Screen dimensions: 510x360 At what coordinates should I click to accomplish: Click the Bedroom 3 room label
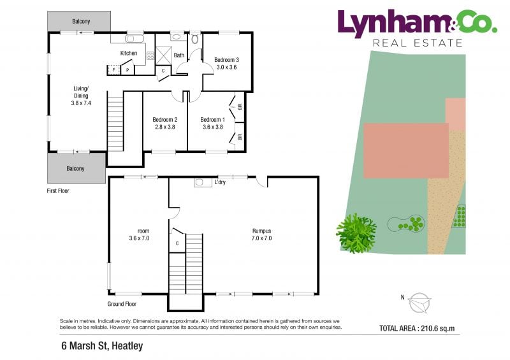[226, 60]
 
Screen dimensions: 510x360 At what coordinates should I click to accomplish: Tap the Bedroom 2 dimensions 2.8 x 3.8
[165, 127]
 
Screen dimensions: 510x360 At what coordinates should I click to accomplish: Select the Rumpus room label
[261, 231]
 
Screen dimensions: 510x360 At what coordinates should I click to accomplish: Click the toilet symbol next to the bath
[195, 39]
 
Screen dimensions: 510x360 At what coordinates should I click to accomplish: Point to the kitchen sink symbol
[135, 38]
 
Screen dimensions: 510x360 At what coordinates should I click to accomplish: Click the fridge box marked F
[114, 69]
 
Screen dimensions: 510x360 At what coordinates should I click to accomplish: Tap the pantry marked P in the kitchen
[127, 69]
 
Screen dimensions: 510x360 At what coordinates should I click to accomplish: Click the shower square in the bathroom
[163, 55]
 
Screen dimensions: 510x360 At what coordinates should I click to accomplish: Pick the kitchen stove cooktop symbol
[150, 55]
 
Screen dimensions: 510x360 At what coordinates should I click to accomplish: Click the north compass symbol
[419, 303]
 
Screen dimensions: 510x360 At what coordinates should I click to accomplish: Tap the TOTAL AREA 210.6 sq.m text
[417, 328]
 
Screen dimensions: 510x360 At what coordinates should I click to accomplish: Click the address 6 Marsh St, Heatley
[102, 346]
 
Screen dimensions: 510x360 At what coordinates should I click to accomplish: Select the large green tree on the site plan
[356, 233]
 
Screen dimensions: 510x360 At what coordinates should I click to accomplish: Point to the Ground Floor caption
[122, 304]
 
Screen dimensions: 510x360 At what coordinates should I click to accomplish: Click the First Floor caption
[58, 191]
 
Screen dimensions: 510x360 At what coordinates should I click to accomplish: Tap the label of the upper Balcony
[81, 22]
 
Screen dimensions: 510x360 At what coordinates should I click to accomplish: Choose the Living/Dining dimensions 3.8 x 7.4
[81, 103]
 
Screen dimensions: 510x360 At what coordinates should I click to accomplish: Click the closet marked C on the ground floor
[177, 243]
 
